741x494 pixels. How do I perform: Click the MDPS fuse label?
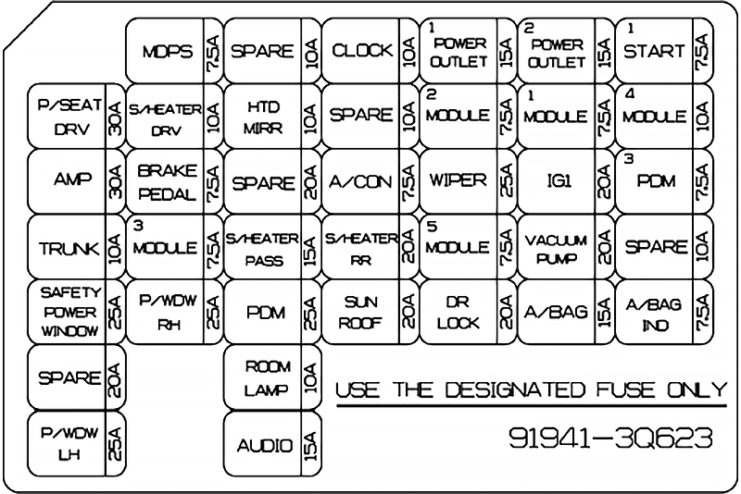point(162,52)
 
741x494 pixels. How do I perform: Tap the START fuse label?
point(654,51)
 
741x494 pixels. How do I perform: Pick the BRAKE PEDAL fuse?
point(165,182)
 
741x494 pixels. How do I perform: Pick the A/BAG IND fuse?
point(654,313)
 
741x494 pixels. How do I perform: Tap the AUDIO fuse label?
point(265,446)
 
